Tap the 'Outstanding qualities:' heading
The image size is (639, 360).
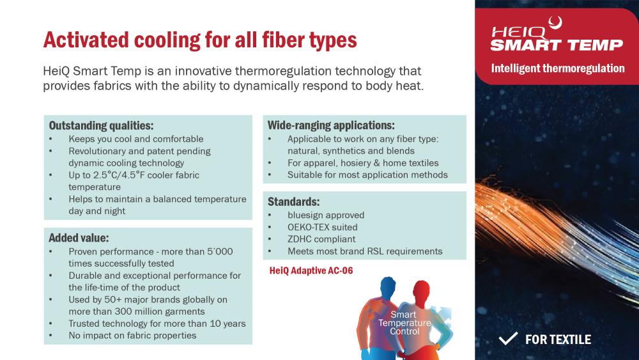(101, 125)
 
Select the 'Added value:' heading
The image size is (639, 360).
(79, 238)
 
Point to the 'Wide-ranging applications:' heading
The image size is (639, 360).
(331, 125)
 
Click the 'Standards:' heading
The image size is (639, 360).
(293, 201)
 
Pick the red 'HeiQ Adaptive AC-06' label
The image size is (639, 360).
(311, 270)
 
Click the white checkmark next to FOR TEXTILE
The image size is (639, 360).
(508, 338)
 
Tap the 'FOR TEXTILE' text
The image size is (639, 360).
(558, 339)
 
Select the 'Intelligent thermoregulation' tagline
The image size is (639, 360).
(557, 68)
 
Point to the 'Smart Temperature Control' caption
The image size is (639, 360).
(404, 323)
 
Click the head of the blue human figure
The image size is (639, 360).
(388, 286)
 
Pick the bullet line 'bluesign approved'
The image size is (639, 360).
(326, 215)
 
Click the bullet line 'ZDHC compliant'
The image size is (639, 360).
(321, 239)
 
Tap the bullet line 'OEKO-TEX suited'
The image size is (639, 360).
(322, 227)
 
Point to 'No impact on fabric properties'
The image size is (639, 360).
(132, 336)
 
